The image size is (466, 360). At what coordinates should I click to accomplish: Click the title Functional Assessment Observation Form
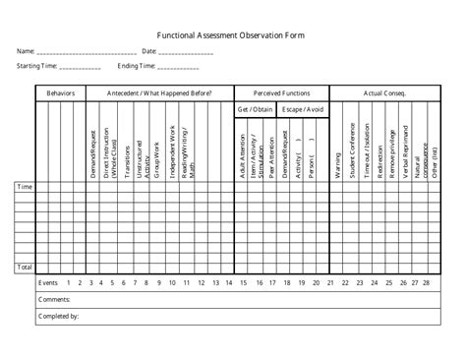[232, 33]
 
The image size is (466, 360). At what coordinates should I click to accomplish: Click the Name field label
[25, 50]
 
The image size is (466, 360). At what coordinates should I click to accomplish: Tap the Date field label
[149, 50]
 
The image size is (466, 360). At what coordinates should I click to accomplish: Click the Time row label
[25, 185]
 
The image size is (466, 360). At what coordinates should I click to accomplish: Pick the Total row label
[25, 267]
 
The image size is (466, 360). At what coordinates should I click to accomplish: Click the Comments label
[54, 298]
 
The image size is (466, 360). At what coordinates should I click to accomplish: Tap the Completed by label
[59, 316]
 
